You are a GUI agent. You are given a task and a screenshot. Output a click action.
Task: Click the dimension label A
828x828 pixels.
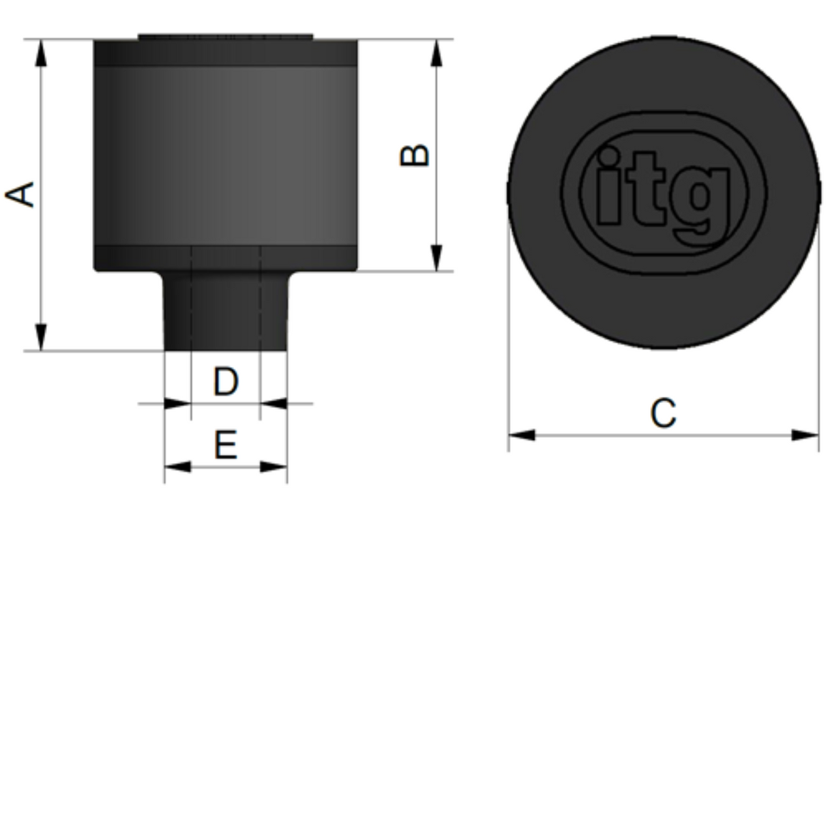(21, 194)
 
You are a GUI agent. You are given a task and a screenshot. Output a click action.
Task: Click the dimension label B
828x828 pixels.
(415, 155)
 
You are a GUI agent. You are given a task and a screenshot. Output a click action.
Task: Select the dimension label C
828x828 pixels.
(663, 413)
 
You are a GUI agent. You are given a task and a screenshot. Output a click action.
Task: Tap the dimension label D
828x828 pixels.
(226, 382)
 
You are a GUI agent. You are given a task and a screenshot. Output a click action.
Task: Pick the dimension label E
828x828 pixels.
(226, 445)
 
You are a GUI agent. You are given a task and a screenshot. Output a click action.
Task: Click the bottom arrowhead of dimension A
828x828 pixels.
(41, 337)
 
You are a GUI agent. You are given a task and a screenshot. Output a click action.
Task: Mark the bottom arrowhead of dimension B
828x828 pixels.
(437, 258)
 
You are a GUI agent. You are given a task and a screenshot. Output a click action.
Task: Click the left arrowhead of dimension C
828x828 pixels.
(522, 434)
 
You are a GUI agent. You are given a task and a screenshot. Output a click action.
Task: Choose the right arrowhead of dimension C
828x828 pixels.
(805, 434)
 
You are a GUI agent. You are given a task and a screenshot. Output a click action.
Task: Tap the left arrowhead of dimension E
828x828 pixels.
(177, 467)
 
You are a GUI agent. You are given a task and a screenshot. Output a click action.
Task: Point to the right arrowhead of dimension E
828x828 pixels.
(274, 467)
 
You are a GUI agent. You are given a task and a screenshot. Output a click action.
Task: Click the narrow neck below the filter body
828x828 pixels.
(226, 310)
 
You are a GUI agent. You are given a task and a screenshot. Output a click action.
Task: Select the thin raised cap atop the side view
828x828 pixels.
(226, 36)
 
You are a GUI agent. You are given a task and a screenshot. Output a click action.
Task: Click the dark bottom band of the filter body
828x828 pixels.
(226, 258)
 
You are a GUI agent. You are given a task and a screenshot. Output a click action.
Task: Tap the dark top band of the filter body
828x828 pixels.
(226, 53)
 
